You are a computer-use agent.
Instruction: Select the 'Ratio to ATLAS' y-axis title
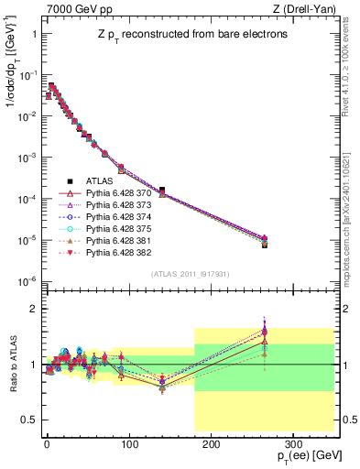click(x=12, y=365)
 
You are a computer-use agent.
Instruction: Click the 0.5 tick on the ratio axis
click(x=30, y=419)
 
